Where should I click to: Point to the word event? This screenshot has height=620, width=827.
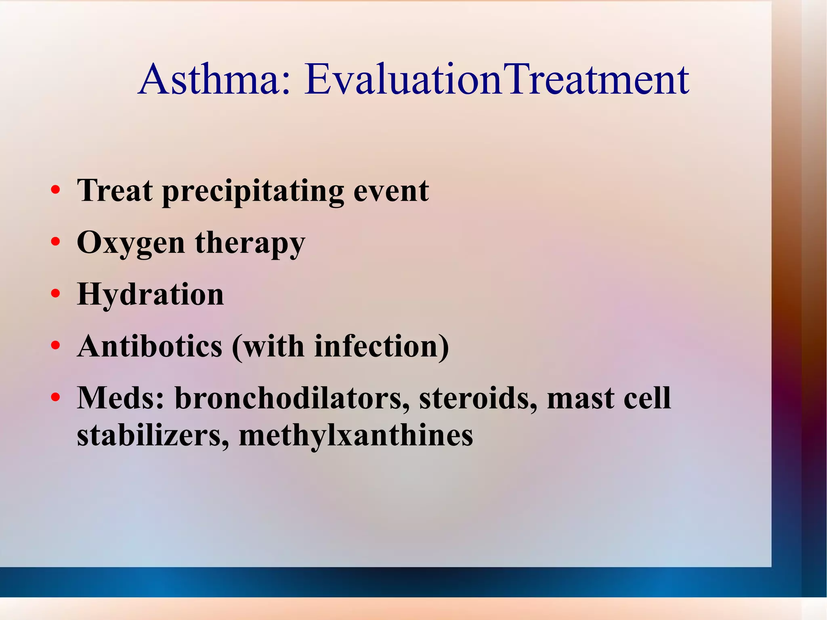pyautogui.click(x=391, y=191)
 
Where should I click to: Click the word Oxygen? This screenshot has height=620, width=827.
pyautogui.click(x=131, y=244)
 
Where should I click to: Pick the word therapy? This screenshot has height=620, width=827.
pyautogui.click(x=250, y=244)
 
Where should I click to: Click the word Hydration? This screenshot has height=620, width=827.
pyautogui.click(x=150, y=294)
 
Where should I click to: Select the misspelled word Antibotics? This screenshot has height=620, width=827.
pyautogui.click(x=150, y=346)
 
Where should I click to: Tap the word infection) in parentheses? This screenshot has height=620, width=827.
pyautogui.click(x=382, y=346)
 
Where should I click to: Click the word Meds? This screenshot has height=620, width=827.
pyautogui.click(x=121, y=398)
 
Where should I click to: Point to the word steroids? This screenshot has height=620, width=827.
pyautogui.click(x=478, y=398)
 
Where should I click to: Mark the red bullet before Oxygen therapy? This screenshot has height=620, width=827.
pyautogui.click(x=56, y=242)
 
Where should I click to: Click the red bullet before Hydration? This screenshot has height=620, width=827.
pyautogui.click(x=56, y=294)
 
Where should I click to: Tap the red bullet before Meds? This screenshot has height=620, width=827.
pyautogui.click(x=56, y=397)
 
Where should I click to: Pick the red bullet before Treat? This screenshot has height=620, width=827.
pyautogui.click(x=56, y=190)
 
